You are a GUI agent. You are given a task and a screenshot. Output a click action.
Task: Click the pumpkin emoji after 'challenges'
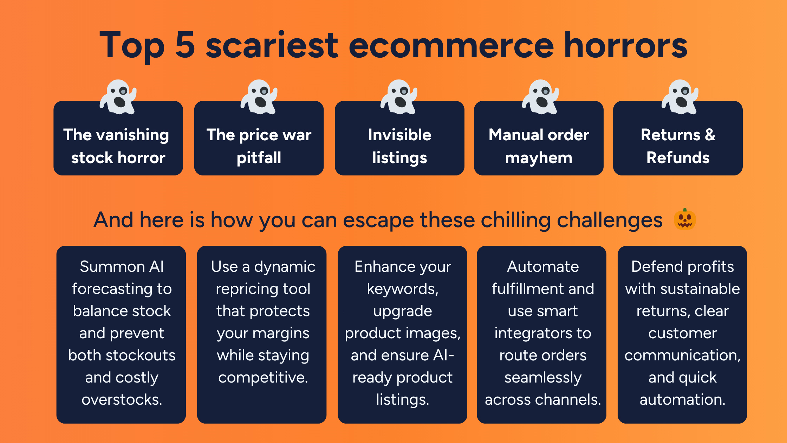click(x=685, y=219)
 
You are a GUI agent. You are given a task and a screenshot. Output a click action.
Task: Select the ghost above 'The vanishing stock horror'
click(x=118, y=97)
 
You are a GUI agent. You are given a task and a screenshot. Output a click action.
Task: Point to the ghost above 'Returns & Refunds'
click(x=680, y=97)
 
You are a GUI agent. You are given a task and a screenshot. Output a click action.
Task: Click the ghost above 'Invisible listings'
click(x=399, y=97)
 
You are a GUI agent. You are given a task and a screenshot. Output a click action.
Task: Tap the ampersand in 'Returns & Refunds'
click(x=710, y=135)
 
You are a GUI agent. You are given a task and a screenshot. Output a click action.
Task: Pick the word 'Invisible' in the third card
click(x=400, y=135)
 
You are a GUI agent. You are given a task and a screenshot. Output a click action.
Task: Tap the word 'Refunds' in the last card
click(x=678, y=158)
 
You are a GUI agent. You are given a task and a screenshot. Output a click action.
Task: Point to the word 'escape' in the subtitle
click(x=378, y=220)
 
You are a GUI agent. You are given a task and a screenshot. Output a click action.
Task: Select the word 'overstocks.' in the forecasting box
click(x=122, y=400)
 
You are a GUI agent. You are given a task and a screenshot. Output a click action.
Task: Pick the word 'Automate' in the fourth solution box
click(x=543, y=267)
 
